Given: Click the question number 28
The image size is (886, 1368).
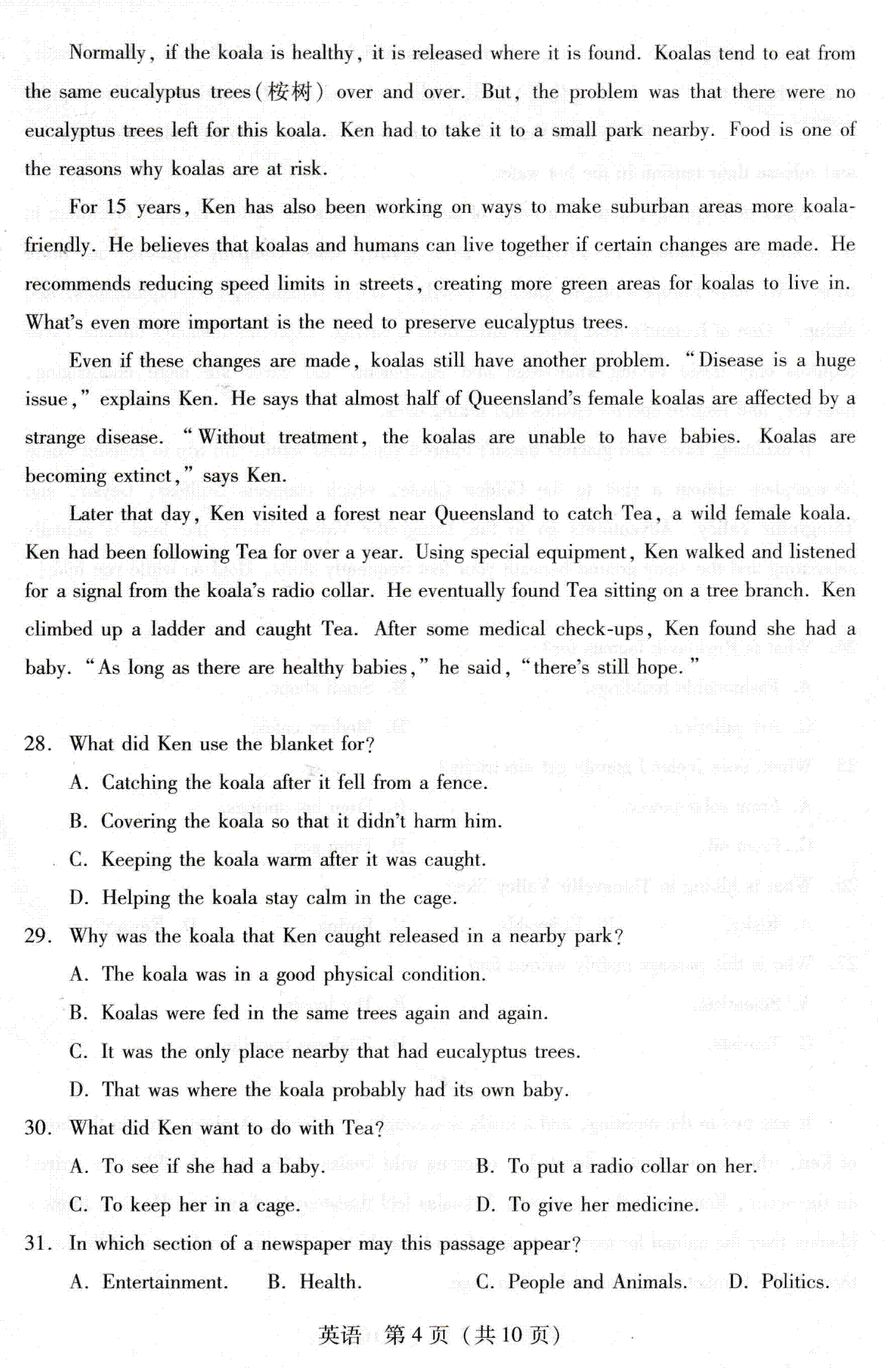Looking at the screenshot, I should point(38,744).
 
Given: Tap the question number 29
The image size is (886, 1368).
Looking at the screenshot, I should point(38,936).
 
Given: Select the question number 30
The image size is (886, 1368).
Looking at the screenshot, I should point(38,1128).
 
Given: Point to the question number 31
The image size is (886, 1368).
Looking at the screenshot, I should point(38,1243).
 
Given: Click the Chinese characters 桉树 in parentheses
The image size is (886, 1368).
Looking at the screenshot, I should point(289,92).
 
